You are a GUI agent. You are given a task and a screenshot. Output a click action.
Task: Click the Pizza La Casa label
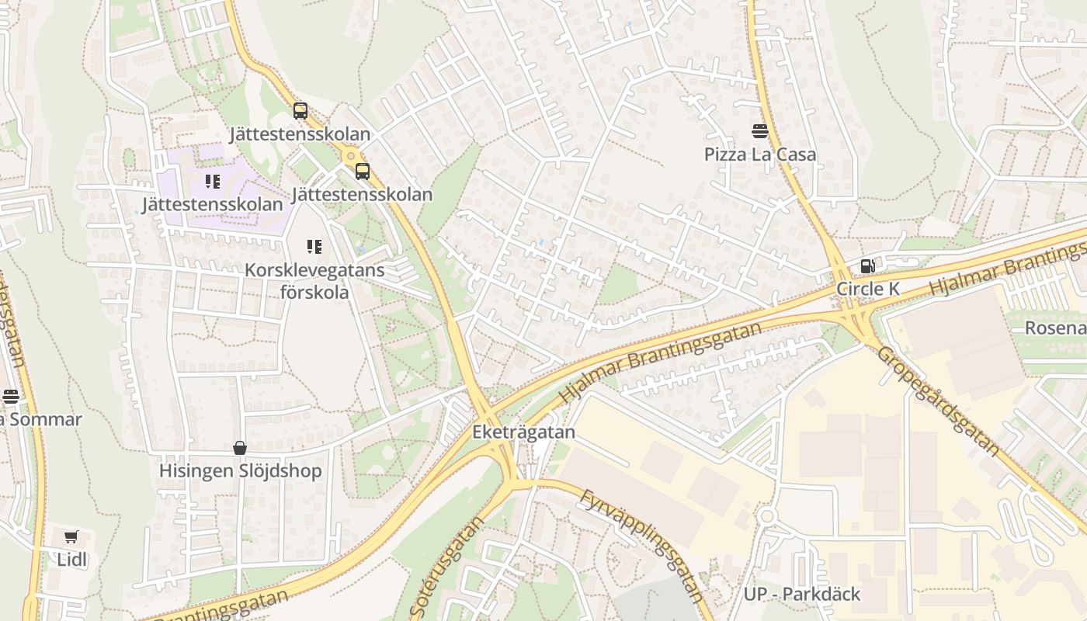(x=759, y=154)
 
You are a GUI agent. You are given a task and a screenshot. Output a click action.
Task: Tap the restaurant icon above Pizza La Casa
(x=759, y=130)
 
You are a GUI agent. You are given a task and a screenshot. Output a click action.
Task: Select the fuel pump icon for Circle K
(x=867, y=266)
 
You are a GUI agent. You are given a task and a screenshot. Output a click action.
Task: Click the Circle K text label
(x=867, y=289)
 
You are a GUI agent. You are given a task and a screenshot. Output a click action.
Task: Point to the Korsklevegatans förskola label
(x=314, y=282)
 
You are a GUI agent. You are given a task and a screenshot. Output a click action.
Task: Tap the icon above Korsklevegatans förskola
(x=314, y=247)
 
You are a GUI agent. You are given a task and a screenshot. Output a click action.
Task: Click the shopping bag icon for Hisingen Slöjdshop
(x=240, y=448)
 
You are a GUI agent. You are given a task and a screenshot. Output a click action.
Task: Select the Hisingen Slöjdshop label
(x=240, y=471)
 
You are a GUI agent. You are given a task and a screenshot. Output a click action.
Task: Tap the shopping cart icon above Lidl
(x=71, y=536)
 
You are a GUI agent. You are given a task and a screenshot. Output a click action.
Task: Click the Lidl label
(x=72, y=559)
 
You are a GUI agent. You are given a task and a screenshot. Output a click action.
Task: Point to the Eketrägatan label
(x=524, y=432)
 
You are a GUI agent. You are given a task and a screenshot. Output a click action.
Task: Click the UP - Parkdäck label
(x=802, y=594)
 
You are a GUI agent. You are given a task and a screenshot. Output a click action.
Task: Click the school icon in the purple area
(x=212, y=182)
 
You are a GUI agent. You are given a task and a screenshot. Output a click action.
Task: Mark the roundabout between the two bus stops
(x=351, y=155)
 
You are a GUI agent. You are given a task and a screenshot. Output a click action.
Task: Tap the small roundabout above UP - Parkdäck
(x=767, y=515)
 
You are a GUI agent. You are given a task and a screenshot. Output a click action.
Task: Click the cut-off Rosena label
(x=1055, y=328)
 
